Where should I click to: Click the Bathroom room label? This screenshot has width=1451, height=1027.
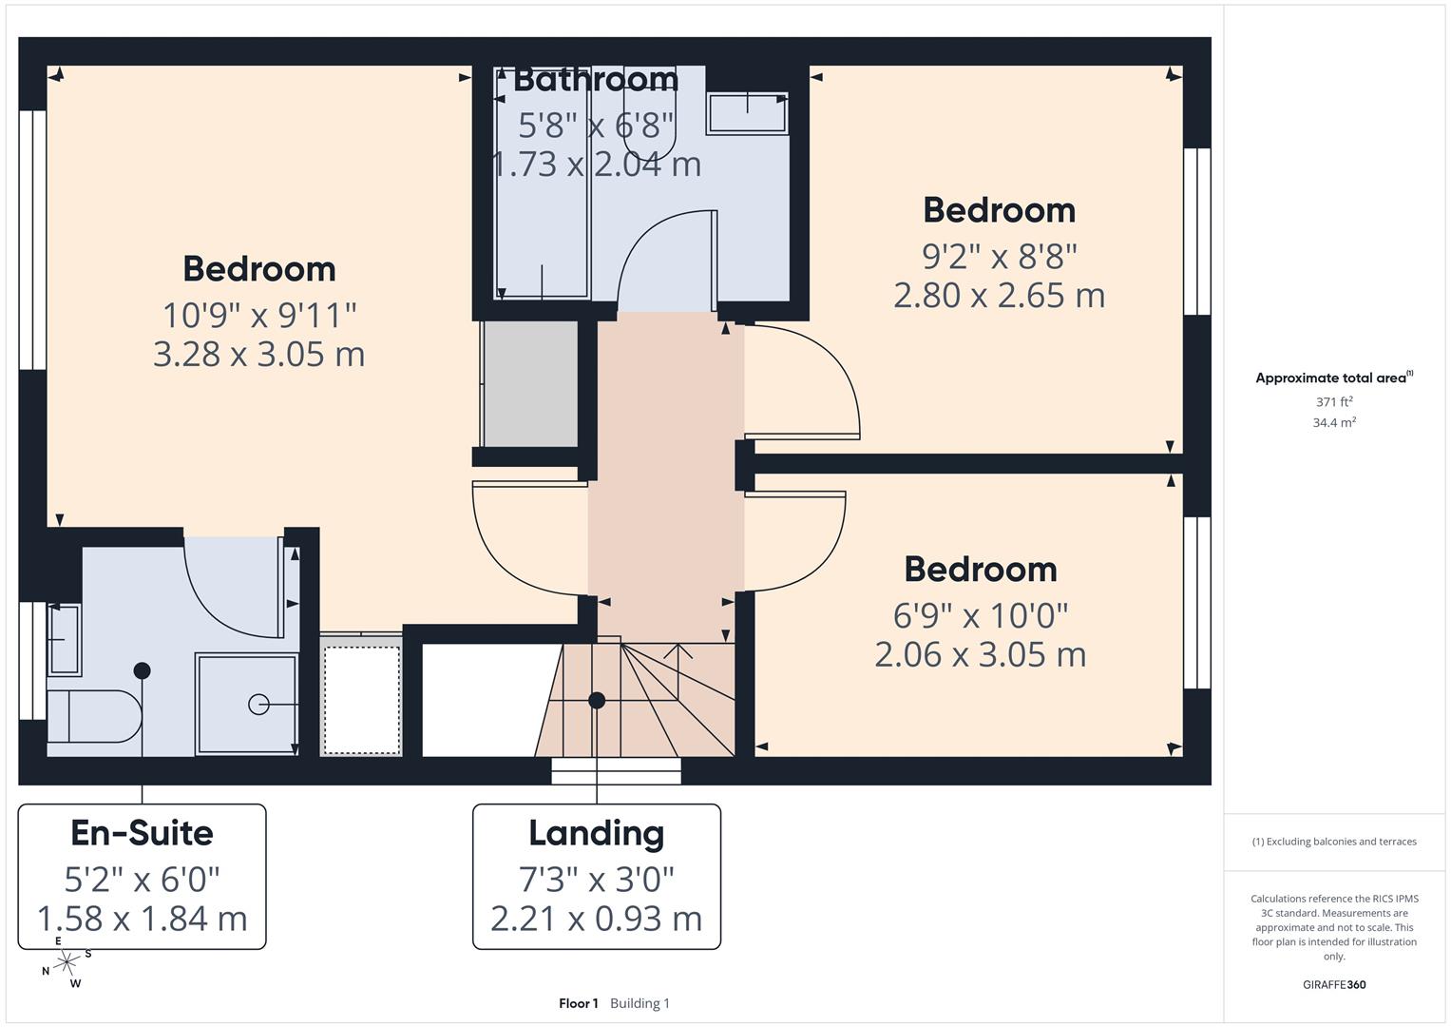coord(596,80)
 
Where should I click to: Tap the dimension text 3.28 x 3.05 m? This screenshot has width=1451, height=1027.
coord(258,355)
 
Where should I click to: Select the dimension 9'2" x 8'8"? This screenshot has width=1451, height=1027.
coord(999,257)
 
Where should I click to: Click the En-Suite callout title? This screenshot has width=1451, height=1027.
coord(143,833)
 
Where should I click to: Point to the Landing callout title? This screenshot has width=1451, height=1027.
coord(596,833)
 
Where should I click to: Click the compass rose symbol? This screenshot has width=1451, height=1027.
coord(67,962)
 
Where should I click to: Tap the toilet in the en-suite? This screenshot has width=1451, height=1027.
coord(92,716)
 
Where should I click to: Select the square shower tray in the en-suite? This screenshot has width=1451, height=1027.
coord(247,704)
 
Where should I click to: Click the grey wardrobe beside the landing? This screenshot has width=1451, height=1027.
coord(530,384)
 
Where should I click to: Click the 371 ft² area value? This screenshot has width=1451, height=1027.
coord(1334,402)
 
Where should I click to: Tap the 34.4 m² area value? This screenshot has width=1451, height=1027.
coord(1334,423)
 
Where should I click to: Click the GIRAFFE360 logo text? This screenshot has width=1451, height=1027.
coord(1334,985)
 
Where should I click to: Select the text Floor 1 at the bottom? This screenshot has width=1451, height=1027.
coord(579,1003)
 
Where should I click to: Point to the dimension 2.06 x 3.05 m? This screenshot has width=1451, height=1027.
coord(980,655)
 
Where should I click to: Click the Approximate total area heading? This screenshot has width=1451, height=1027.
coord(1332,378)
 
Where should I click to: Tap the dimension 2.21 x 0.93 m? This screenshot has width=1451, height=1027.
coord(596,919)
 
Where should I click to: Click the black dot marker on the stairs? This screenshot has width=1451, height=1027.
coord(597,701)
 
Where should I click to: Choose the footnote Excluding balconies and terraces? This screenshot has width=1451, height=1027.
coord(1334,842)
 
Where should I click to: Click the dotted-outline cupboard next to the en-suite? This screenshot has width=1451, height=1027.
coord(361,700)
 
